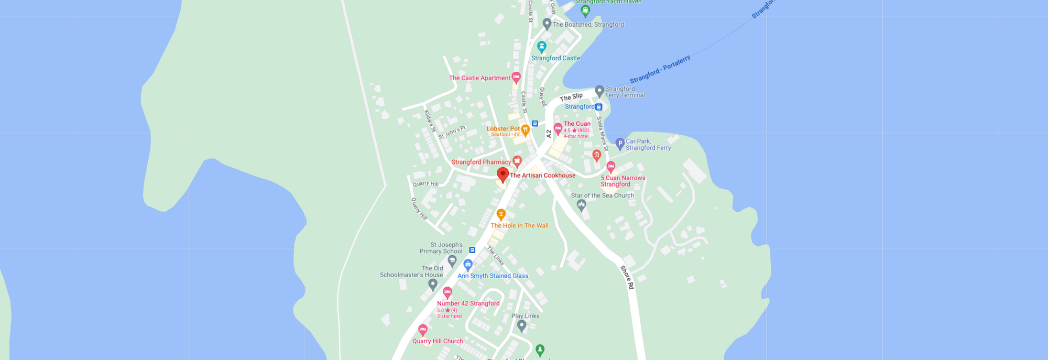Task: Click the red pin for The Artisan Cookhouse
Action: click(x=503, y=174)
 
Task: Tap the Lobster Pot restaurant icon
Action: click(x=525, y=129)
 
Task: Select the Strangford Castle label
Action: click(x=555, y=58)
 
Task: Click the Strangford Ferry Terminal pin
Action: click(x=599, y=92)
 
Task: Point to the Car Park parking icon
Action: click(x=620, y=143)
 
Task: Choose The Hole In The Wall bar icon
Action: click(x=501, y=214)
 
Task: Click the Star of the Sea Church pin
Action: click(x=581, y=205)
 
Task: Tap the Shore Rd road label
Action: click(x=627, y=277)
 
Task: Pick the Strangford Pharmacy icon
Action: click(x=517, y=161)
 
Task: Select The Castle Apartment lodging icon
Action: click(x=516, y=78)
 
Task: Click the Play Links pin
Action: click(x=521, y=325)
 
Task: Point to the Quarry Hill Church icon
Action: click(x=423, y=330)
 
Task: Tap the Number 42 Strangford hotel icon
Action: click(x=447, y=292)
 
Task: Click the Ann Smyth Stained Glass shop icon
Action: click(x=468, y=265)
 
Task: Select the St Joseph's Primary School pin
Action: click(x=452, y=260)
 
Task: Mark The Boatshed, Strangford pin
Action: click(x=547, y=24)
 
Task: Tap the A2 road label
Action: click(x=549, y=134)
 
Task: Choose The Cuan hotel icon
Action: click(x=558, y=128)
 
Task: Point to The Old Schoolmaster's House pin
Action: click(x=432, y=284)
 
